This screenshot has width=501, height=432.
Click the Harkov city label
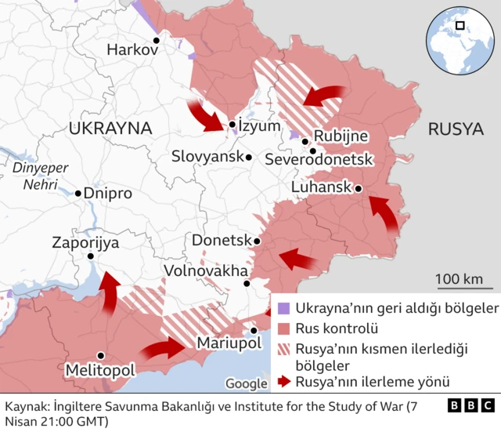[x=132, y=49]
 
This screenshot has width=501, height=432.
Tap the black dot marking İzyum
[x=232, y=125]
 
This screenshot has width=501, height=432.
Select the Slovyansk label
[x=207, y=158]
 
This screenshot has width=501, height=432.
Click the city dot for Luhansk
[x=358, y=188]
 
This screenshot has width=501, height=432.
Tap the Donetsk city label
[x=221, y=240]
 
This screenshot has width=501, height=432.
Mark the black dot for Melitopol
[x=100, y=355]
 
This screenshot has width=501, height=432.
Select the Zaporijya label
[x=85, y=242]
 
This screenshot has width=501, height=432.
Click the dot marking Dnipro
[x=78, y=193]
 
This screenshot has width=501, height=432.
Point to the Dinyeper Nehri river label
[x=41, y=176]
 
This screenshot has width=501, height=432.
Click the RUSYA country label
[x=455, y=129]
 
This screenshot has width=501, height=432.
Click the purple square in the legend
[x=283, y=307]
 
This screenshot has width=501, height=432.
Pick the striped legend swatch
[x=283, y=347]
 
